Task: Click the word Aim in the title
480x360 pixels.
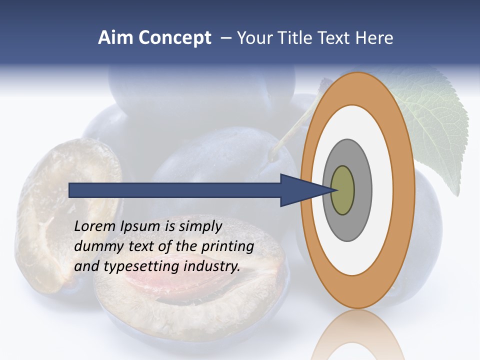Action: [x=116, y=38]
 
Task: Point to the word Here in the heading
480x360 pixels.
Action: [x=374, y=38]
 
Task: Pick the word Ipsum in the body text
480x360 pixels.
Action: [x=141, y=226]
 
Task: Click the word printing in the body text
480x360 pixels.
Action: [x=227, y=246]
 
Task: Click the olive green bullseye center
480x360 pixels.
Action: [x=343, y=190]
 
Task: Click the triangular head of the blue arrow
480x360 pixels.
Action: [x=300, y=190]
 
